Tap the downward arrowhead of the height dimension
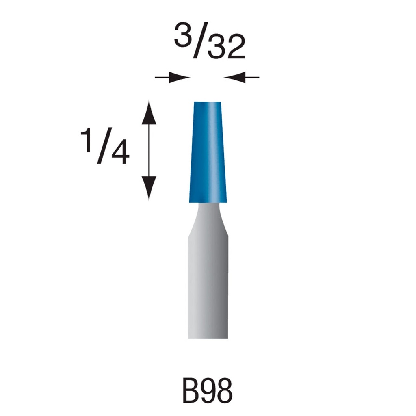[x=149, y=188]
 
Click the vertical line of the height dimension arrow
[x=149, y=150]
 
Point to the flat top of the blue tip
[x=208, y=102]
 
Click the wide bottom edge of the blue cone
[x=208, y=201]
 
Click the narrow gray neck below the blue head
[x=208, y=217]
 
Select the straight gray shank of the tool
[x=208, y=284]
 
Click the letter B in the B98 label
[x=191, y=391]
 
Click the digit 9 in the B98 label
[x=208, y=391]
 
